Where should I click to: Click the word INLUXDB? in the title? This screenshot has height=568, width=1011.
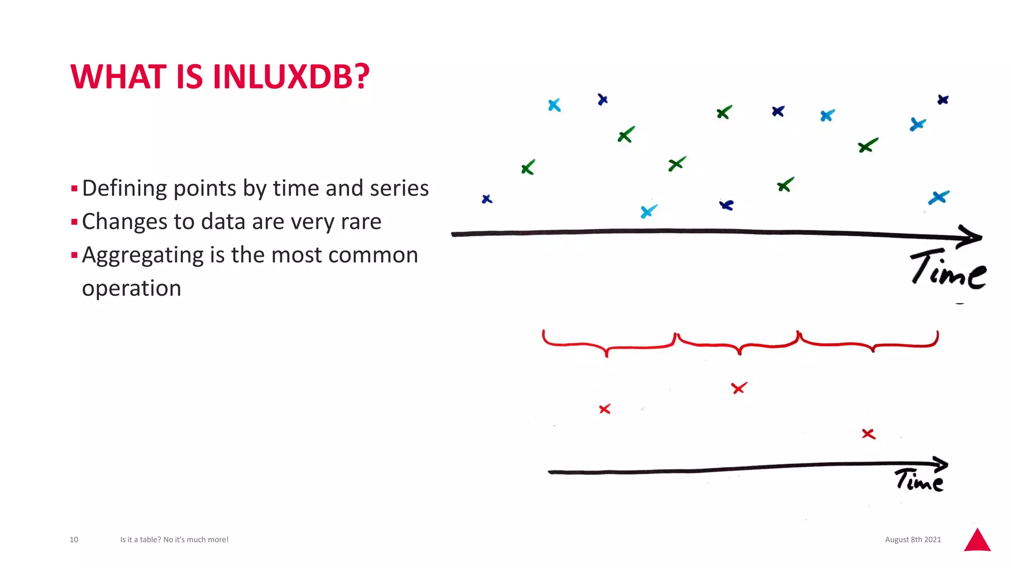(x=291, y=77)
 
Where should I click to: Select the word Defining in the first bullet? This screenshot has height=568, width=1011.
(x=124, y=188)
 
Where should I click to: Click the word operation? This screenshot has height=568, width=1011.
(x=131, y=288)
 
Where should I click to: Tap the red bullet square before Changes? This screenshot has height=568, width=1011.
(x=74, y=222)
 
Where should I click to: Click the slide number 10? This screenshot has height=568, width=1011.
(x=74, y=539)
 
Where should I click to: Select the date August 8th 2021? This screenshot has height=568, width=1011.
(x=913, y=539)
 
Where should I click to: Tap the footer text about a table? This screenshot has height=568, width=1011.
(x=174, y=539)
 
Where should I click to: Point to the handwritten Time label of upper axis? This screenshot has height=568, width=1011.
(x=948, y=270)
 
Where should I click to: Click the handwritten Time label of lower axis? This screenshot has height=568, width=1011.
(x=919, y=480)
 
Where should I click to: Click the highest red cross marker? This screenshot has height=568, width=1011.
(x=739, y=388)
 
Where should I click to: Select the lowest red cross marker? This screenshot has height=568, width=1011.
(x=868, y=434)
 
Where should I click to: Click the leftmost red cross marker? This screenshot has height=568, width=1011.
(x=605, y=409)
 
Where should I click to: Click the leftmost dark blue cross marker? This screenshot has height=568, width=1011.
(x=487, y=199)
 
